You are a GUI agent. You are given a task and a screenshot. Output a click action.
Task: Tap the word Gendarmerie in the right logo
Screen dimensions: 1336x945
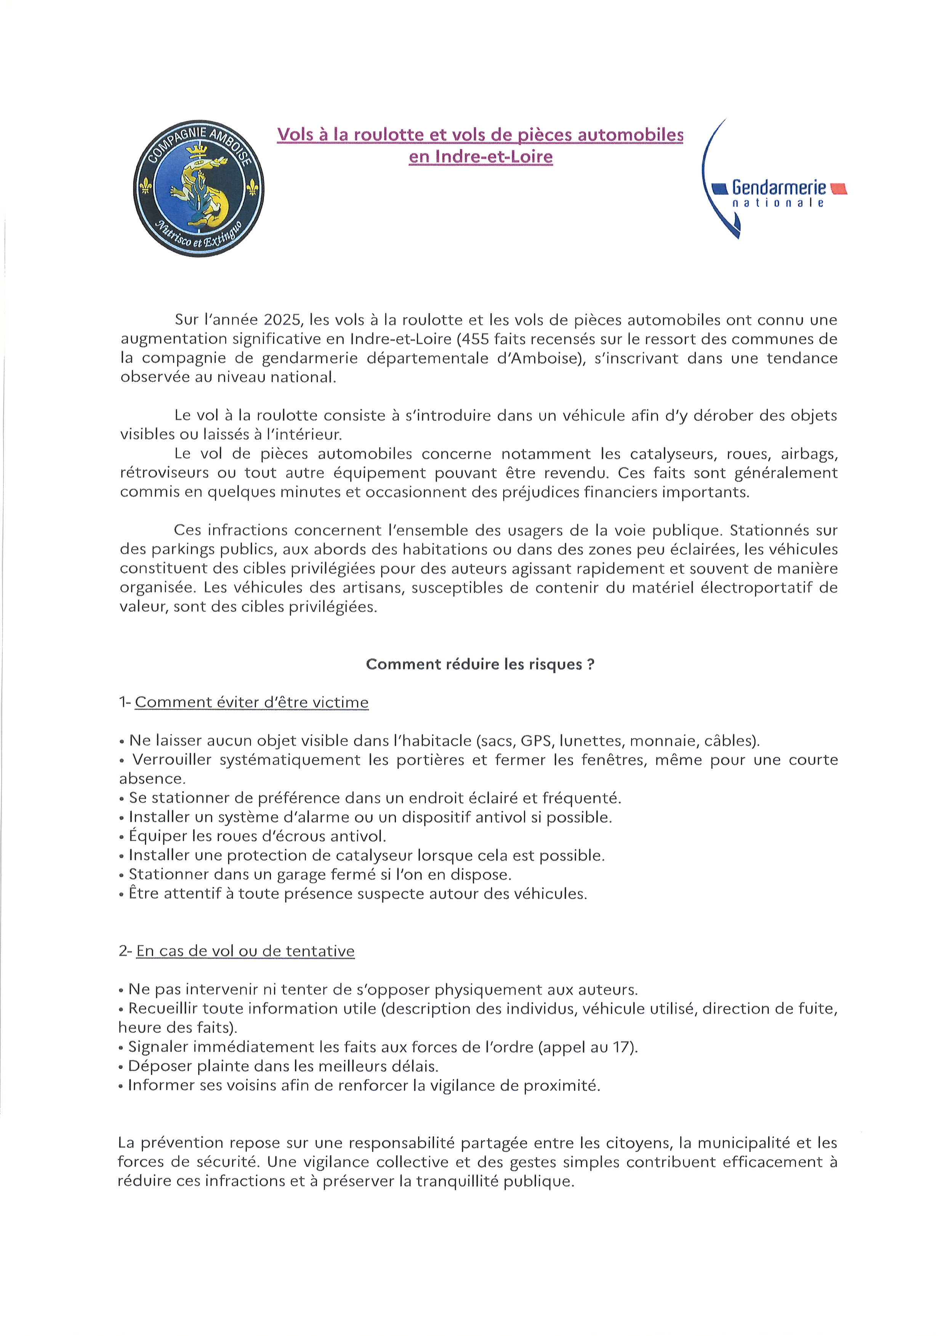click(778, 187)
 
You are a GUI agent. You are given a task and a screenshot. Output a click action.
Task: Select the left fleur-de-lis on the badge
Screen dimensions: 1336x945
click(146, 186)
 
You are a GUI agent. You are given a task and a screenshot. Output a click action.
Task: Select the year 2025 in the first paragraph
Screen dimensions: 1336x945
click(283, 320)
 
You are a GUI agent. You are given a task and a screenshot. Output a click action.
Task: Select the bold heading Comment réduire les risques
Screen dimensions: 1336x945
click(480, 664)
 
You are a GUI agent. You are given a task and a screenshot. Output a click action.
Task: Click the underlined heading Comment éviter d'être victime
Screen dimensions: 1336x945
click(251, 702)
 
